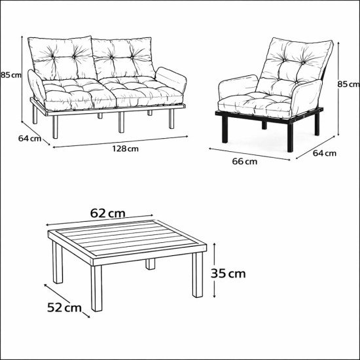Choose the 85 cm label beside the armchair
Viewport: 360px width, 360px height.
tap(348, 84)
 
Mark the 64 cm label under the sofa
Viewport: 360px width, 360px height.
tap(30, 138)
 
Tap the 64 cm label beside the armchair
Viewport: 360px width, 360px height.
tap(325, 154)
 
